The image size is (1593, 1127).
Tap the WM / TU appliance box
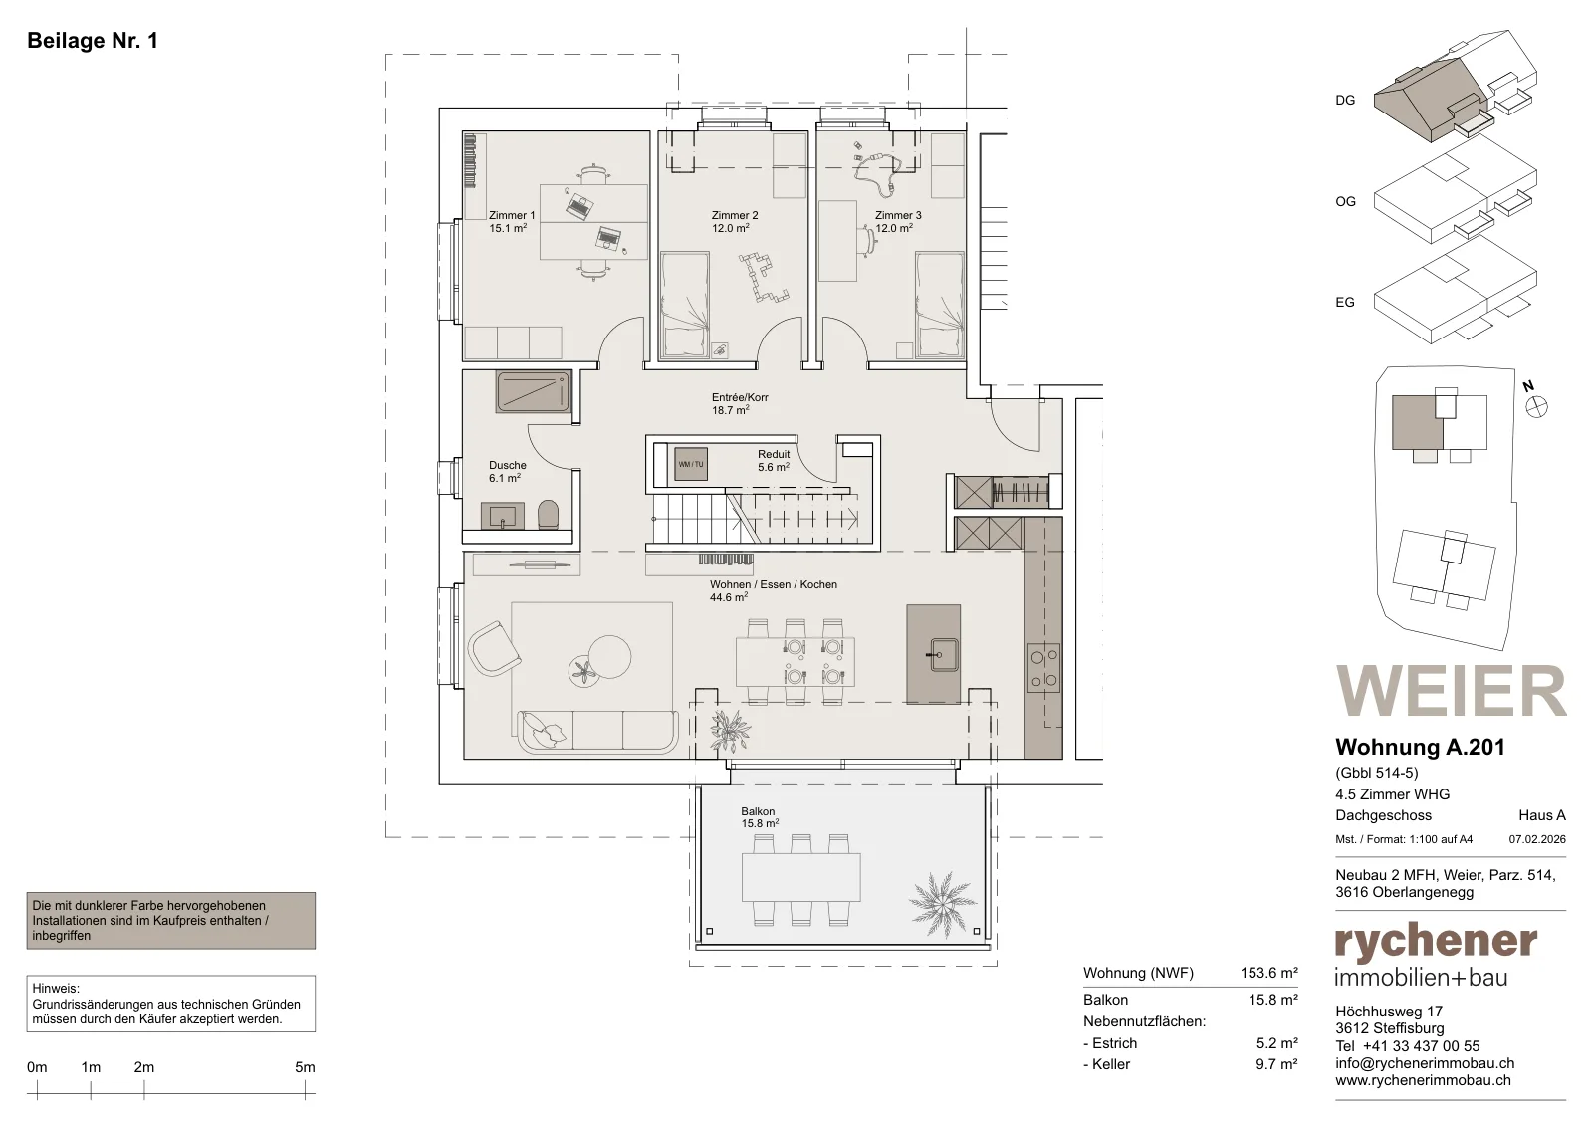(x=691, y=464)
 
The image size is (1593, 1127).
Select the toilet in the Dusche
(x=549, y=514)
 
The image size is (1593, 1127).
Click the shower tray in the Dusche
(x=534, y=392)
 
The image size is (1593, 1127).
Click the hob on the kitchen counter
(x=1043, y=668)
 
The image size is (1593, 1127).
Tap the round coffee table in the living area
(x=609, y=655)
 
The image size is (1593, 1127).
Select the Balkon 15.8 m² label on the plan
(x=760, y=817)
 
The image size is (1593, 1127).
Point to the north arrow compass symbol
(x=1537, y=407)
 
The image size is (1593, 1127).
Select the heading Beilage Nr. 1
(x=93, y=41)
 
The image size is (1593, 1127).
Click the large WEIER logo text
(x=1451, y=691)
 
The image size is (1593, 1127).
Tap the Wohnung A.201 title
(x=1420, y=747)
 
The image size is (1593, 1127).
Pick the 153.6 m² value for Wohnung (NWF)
(x=1269, y=973)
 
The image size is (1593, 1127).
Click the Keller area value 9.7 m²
(x=1276, y=1064)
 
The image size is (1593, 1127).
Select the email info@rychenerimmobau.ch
(x=1425, y=1063)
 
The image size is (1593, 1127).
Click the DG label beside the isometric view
(x=1345, y=101)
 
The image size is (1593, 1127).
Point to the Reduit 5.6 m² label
(x=773, y=461)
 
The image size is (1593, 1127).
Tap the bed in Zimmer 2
(x=685, y=305)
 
